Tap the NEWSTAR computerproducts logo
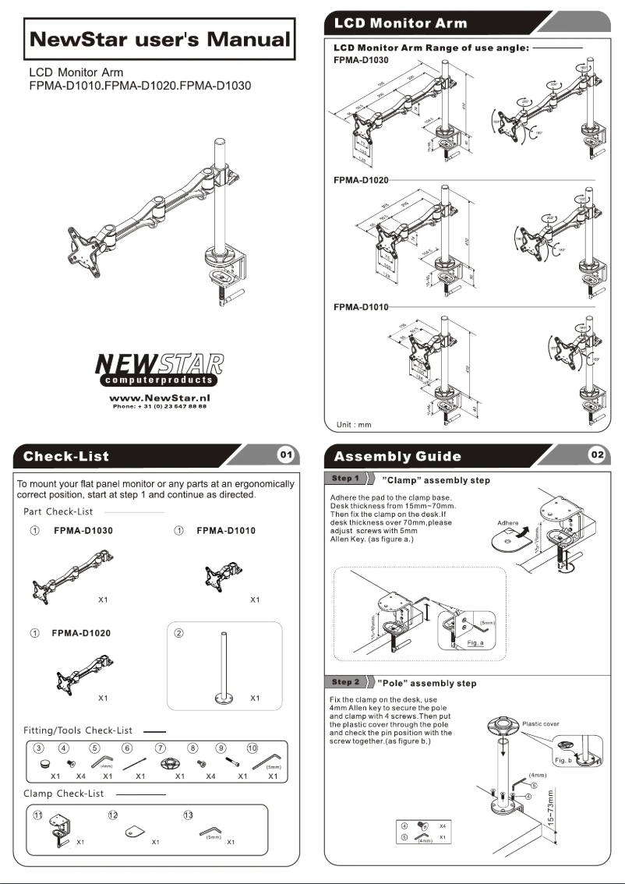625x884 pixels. click(x=159, y=370)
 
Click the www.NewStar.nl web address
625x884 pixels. click(x=160, y=398)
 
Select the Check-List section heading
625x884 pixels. click(x=66, y=456)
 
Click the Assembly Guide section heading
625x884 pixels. click(x=397, y=456)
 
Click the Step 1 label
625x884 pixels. click(x=346, y=479)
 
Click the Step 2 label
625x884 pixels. click(x=346, y=681)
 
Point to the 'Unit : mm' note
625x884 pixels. click(x=354, y=425)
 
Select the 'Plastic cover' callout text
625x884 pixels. click(x=541, y=724)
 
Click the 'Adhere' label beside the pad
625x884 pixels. click(x=507, y=523)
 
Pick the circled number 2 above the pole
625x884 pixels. click(x=179, y=633)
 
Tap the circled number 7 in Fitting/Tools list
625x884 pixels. click(x=161, y=748)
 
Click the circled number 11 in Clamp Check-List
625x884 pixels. click(x=37, y=815)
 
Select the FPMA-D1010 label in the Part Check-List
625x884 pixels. click(x=226, y=530)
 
